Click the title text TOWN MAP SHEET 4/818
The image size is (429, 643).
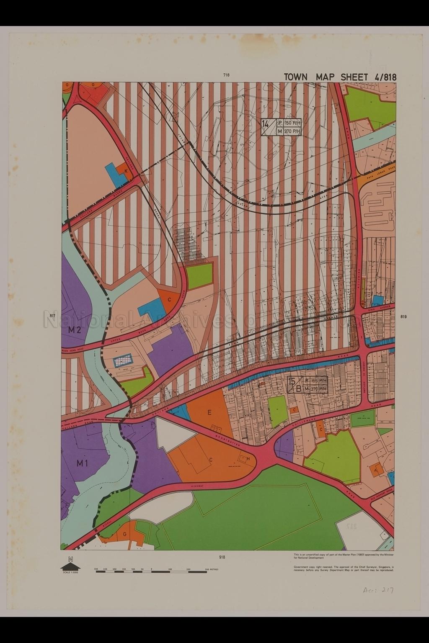click(x=340, y=77)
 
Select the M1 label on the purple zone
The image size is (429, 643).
click(x=83, y=463)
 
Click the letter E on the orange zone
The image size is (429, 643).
click(x=209, y=412)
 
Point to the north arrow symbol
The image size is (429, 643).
click(x=70, y=566)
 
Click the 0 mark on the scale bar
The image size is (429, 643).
click(x=151, y=569)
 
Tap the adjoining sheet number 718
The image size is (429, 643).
click(x=227, y=75)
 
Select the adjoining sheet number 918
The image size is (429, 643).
click(x=222, y=557)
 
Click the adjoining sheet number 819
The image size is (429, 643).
click(x=403, y=316)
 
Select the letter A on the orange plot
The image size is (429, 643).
click(x=376, y=470)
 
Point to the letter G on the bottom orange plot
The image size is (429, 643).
click(x=124, y=534)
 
